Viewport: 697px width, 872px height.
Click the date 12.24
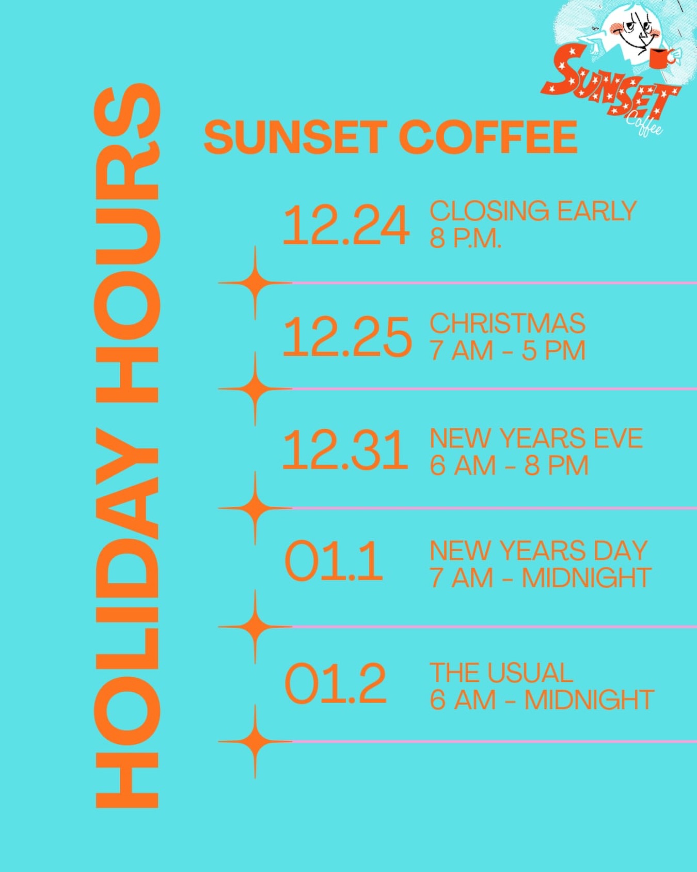pyautogui.click(x=346, y=225)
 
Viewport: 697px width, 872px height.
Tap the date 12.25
pyautogui.click(x=347, y=337)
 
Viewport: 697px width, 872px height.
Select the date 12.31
pyautogui.click(x=345, y=450)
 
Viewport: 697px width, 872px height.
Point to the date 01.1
pyautogui.click(x=334, y=562)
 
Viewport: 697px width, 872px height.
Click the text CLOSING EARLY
pyautogui.click(x=533, y=211)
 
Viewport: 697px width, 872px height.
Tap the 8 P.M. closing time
pyautogui.click(x=465, y=238)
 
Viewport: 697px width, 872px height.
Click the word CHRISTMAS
pyautogui.click(x=508, y=323)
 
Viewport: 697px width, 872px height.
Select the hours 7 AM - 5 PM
pyautogui.click(x=508, y=351)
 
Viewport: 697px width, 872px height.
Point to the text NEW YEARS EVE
pyautogui.click(x=536, y=438)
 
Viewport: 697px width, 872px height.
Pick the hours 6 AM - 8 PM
pyautogui.click(x=509, y=465)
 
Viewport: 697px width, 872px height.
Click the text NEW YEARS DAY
pyautogui.click(x=538, y=551)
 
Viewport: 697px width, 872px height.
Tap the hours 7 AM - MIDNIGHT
pyautogui.click(x=540, y=578)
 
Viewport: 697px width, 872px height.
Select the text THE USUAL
pyautogui.click(x=501, y=673)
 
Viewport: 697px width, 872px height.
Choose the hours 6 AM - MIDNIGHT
pyautogui.click(x=542, y=700)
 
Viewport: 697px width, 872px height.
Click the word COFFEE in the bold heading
pyautogui.click(x=488, y=137)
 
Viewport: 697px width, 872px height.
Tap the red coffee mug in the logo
pyautogui.click(x=659, y=58)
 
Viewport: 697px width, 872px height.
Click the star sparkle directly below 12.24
pyautogui.click(x=255, y=283)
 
